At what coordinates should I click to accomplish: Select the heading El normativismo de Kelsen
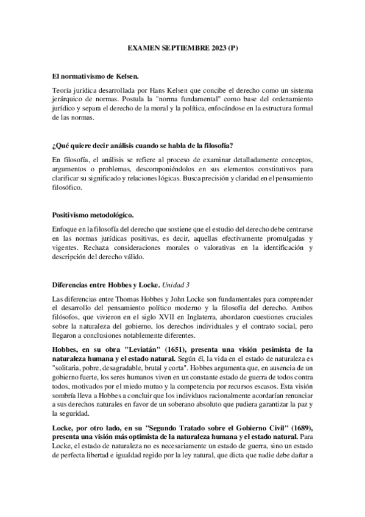tap(96, 76)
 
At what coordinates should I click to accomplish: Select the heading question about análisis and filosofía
tap(144, 146)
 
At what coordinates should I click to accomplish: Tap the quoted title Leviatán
tap(157, 349)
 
